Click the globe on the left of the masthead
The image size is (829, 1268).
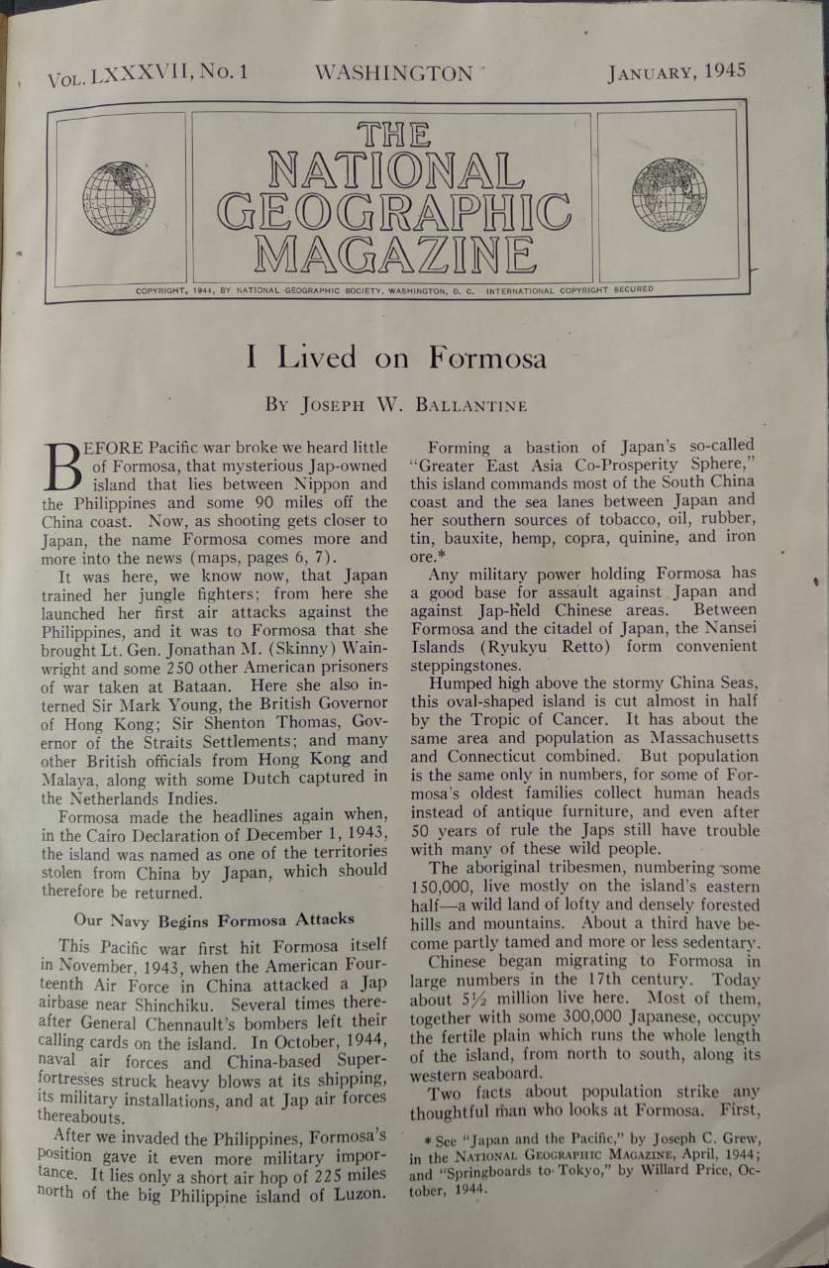click(119, 198)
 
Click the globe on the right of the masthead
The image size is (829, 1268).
click(669, 194)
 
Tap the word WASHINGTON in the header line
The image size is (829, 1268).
click(393, 73)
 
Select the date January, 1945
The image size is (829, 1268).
click(676, 71)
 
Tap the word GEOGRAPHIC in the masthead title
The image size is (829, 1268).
click(393, 211)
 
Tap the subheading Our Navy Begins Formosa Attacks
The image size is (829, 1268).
click(214, 918)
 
